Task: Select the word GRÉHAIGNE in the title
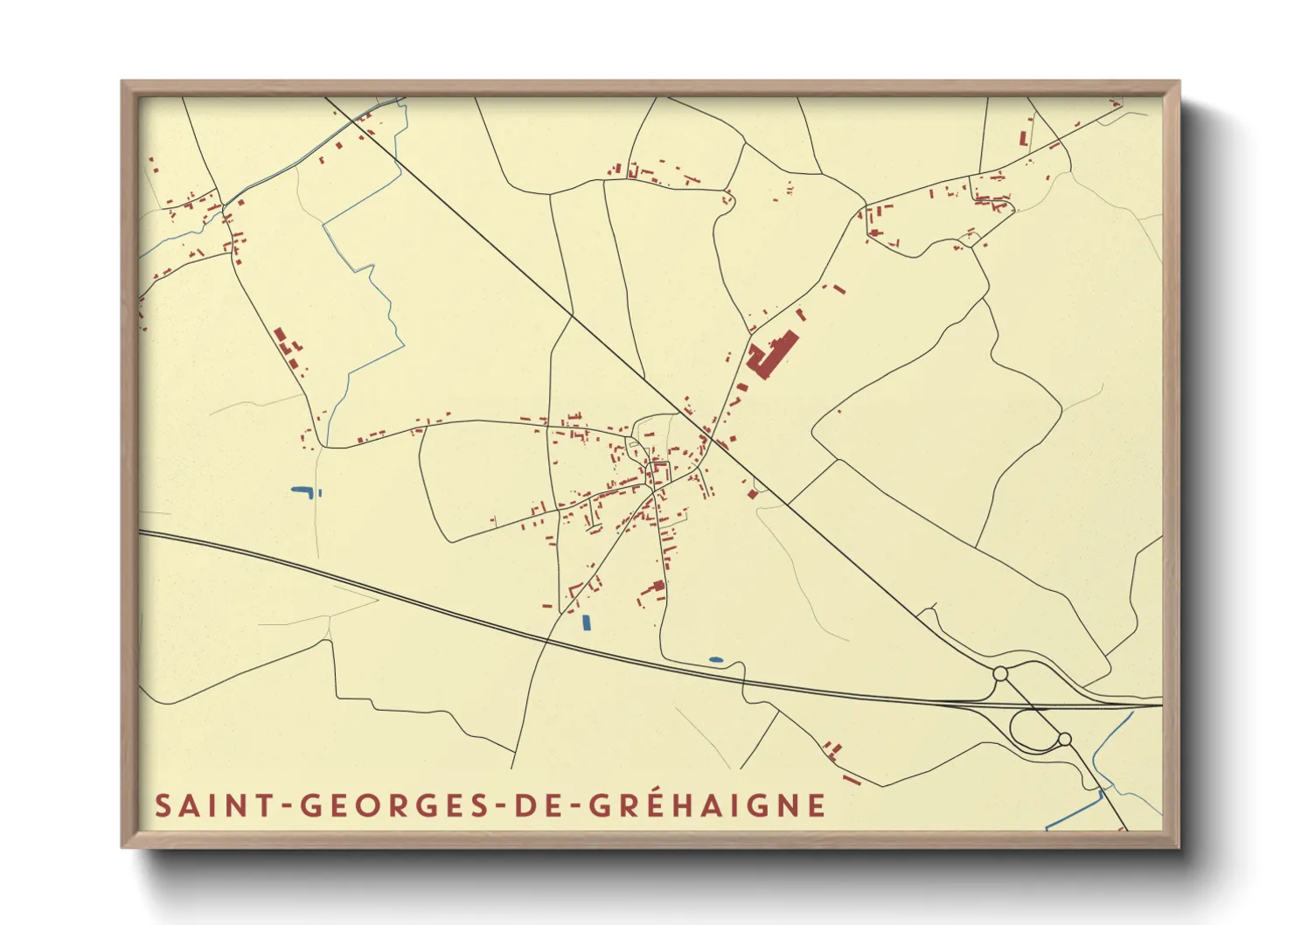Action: pyautogui.click(x=706, y=805)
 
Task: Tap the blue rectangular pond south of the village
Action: pyautogui.click(x=587, y=622)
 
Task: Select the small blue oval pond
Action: pyautogui.click(x=716, y=659)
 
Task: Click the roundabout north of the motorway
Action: pyautogui.click(x=1000, y=674)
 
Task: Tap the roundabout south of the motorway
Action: pyautogui.click(x=1064, y=740)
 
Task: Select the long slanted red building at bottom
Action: pyautogui.click(x=851, y=778)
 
